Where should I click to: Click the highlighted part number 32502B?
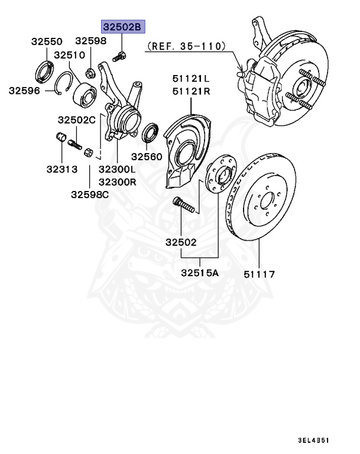(122, 27)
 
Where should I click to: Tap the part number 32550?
(47, 42)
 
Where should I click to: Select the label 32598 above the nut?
(90, 41)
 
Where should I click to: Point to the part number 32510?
(70, 55)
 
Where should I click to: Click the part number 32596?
(24, 90)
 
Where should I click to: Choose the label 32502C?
(76, 119)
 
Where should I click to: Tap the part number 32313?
(61, 169)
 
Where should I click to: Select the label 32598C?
(90, 194)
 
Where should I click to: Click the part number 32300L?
(117, 169)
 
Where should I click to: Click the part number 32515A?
(199, 273)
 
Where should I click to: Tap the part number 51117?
(260, 274)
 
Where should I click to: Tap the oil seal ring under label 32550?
(44, 69)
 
